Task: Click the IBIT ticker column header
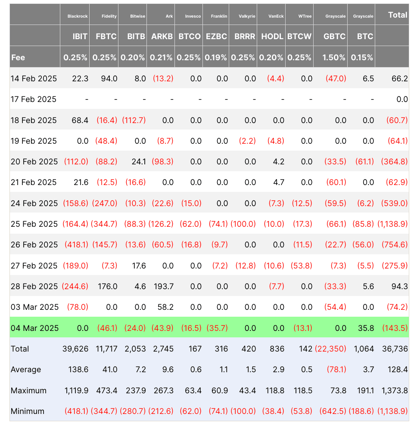80,36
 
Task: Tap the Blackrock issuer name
78,16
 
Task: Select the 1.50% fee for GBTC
334,57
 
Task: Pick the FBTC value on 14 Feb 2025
109,78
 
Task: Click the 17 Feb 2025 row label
34,99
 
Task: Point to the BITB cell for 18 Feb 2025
134,120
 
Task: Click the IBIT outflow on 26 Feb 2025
76,245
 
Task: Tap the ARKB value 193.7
163,286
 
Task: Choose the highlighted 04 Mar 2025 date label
34,328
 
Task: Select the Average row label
26,369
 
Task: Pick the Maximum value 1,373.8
393,390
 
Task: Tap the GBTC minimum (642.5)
331,411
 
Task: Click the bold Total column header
397,15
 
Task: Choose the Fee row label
18,57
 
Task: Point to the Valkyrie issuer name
247,16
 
